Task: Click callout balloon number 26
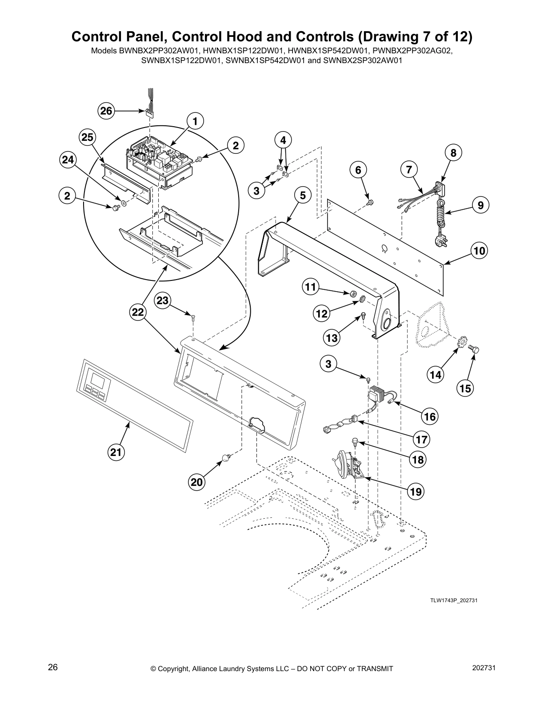point(106,111)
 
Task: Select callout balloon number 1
point(195,120)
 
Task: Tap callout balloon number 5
point(302,195)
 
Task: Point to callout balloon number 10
point(479,251)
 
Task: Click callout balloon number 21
point(116,452)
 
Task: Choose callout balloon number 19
point(416,491)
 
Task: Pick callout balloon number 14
point(436,374)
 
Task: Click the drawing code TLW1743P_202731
point(453,600)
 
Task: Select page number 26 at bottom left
point(52,668)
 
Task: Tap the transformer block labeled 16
point(376,393)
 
